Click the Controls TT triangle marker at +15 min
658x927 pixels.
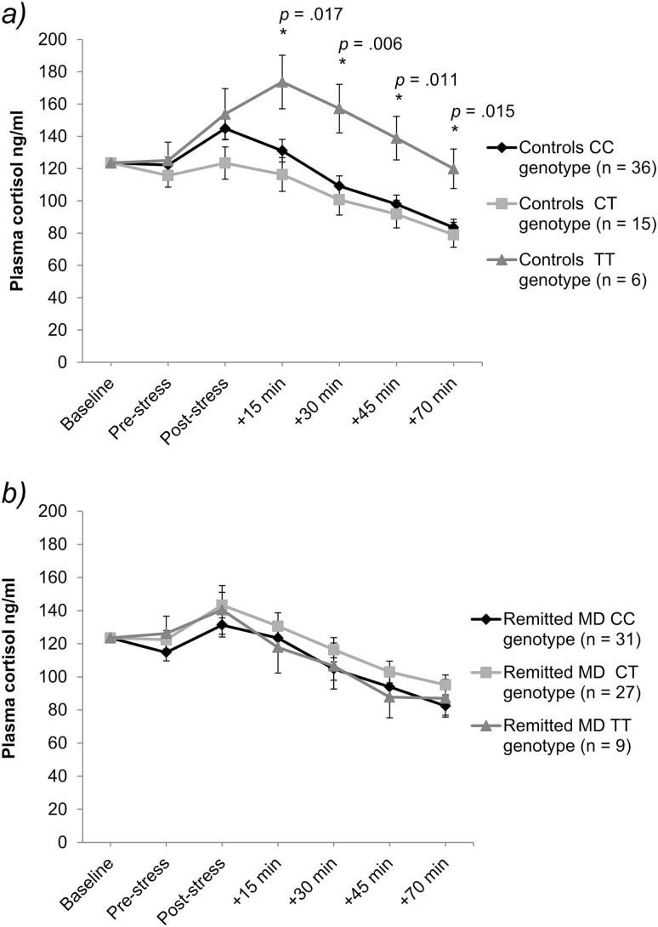click(x=281, y=82)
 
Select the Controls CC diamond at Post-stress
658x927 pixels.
click(x=224, y=128)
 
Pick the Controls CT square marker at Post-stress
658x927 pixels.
click(x=224, y=162)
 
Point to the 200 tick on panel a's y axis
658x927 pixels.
click(x=57, y=39)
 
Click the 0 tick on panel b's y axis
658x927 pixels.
click(x=65, y=843)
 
